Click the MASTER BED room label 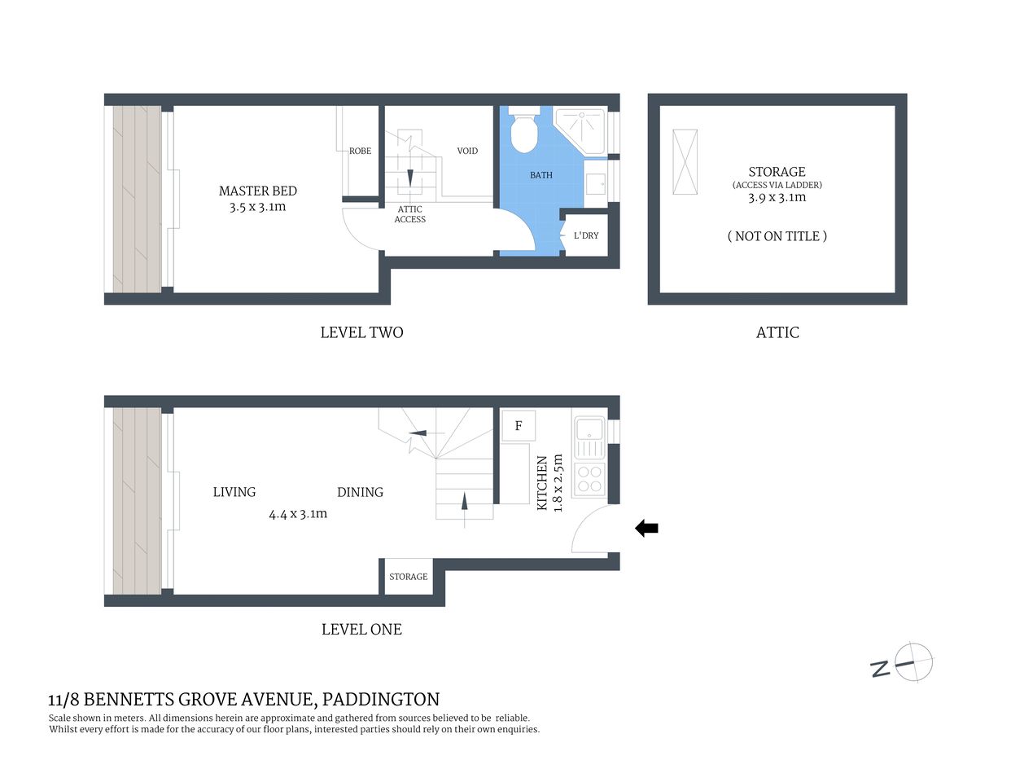(257, 191)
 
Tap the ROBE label (360, 151)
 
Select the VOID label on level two (467, 151)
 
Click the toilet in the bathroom (522, 130)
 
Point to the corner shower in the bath (581, 129)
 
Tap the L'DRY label (586, 235)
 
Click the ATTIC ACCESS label (409, 214)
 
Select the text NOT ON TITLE (777, 236)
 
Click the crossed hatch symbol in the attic (685, 161)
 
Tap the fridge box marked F (519, 425)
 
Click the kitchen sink (589, 428)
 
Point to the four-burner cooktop (589, 479)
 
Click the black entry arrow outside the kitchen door (646, 529)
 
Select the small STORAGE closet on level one (408, 577)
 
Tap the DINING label (360, 492)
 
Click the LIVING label (234, 492)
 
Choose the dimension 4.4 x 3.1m (298, 514)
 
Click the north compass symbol (913, 662)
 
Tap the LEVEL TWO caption (361, 332)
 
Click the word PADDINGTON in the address (381, 699)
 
